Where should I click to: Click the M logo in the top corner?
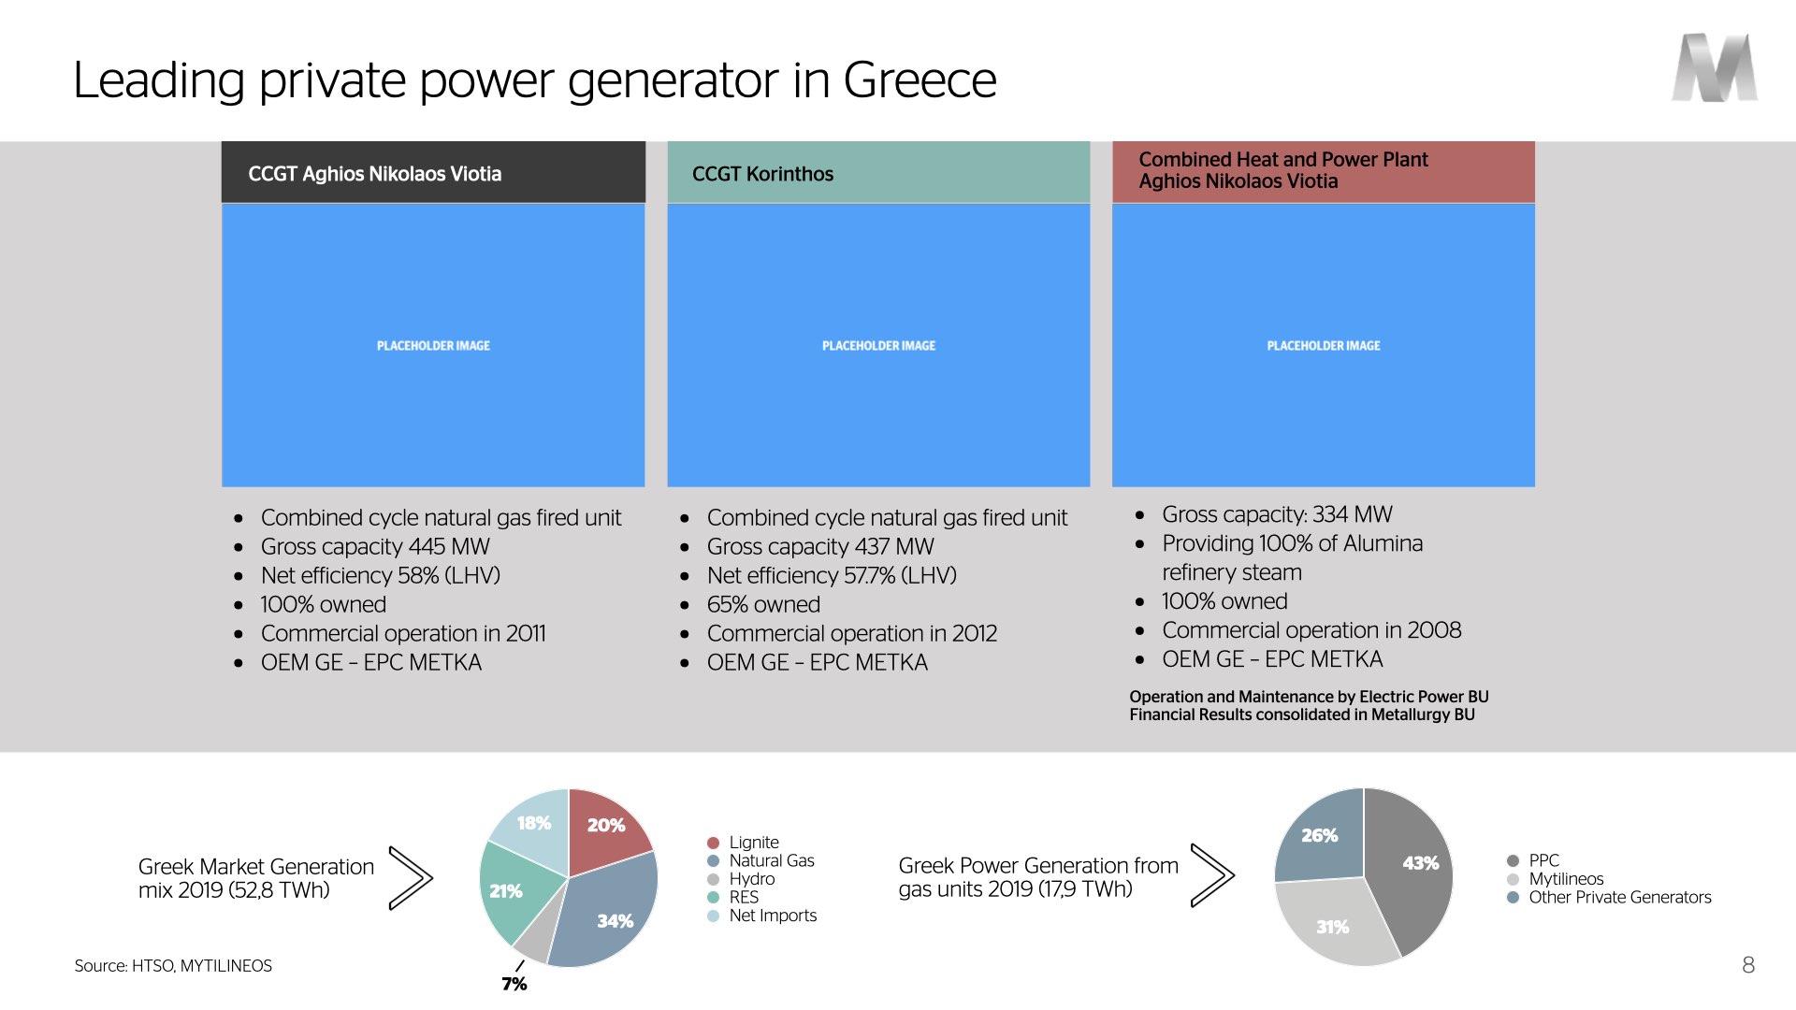point(1715,67)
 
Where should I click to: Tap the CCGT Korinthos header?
point(878,173)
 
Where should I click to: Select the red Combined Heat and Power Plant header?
point(1324,172)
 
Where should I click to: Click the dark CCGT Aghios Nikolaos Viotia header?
point(433,173)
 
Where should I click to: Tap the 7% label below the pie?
point(514,984)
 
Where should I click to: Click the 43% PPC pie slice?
point(1412,870)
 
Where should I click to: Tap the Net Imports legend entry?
point(761,916)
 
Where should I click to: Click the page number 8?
point(1748,965)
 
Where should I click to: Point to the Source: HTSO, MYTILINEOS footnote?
point(173,966)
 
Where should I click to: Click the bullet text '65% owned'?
point(763,605)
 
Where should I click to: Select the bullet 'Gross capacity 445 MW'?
point(375,547)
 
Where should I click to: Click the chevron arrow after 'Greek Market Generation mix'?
point(412,877)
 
